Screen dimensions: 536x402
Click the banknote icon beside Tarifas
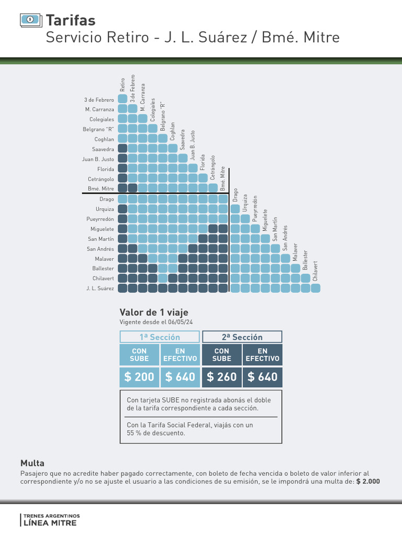(x=30, y=20)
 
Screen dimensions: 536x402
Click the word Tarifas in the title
(x=71, y=20)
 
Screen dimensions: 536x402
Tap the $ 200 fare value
(x=139, y=376)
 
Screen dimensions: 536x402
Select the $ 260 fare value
(x=221, y=376)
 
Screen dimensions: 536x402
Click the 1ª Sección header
(x=160, y=337)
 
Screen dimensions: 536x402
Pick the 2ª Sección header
(x=242, y=337)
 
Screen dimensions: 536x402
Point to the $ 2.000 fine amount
(x=368, y=482)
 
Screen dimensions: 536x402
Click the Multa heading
(x=32, y=463)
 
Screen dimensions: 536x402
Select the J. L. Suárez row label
(x=100, y=288)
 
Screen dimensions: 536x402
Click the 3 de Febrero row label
(x=99, y=99)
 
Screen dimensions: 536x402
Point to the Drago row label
(x=107, y=199)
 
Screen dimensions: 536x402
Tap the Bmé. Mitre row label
(x=102, y=188)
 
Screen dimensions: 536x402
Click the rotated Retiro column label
(x=122, y=85)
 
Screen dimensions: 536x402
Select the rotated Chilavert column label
(x=315, y=271)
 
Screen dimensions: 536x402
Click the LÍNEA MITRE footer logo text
(x=50, y=523)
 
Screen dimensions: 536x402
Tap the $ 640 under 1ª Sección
(x=180, y=376)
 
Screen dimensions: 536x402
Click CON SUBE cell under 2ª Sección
(x=221, y=354)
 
